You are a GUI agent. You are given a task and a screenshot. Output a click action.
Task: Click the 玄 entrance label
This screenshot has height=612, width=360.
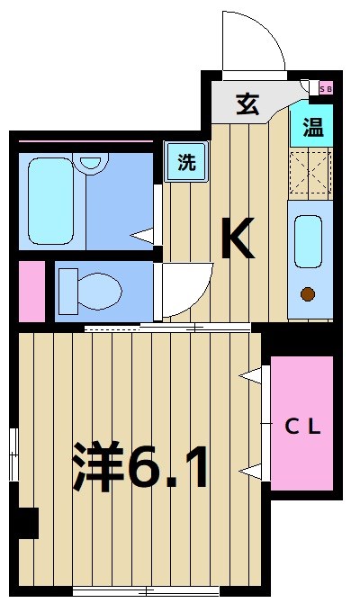click(x=247, y=104)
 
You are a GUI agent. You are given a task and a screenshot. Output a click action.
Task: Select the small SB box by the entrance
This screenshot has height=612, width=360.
click(x=326, y=88)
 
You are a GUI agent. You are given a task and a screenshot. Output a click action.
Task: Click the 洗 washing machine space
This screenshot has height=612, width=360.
click(x=185, y=163)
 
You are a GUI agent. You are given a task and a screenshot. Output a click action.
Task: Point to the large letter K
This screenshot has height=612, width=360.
click(x=238, y=239)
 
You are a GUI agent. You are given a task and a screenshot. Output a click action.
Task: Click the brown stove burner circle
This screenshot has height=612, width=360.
click(x=308, y=292)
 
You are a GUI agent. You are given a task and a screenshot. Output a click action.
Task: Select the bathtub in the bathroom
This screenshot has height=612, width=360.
click(x=50, y=202)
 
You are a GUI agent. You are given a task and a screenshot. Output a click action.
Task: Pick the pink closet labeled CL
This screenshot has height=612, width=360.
click(x=301, y=423)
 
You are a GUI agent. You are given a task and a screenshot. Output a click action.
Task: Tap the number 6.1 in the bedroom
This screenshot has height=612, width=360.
click(x=171, y=466)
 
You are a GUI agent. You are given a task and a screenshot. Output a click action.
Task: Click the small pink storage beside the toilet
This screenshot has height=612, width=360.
click(x=31, y=291)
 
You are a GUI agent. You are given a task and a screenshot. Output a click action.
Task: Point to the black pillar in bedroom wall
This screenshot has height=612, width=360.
click(x=27, y=523)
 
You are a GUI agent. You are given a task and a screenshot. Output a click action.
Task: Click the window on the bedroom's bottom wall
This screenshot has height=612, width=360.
click(x=146, y=591)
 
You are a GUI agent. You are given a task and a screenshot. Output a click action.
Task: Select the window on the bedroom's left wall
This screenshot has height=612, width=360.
click(x=13, y=454)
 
